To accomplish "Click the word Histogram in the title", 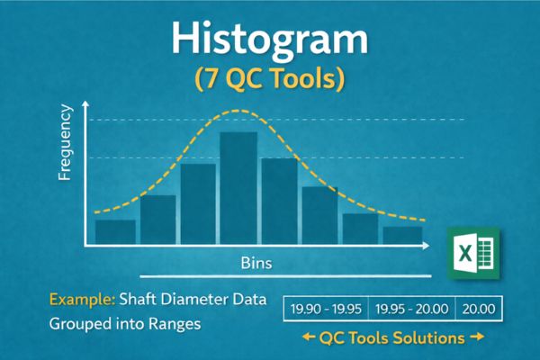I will (269, 40).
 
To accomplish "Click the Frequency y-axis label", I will (65, 144).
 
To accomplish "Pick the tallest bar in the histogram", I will (238, 189).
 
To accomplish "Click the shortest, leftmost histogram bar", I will (115, 232).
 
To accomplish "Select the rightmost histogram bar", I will (402, 235).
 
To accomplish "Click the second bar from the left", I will (157, 220).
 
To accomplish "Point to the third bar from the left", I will (198, 204).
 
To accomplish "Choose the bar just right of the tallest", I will (279, 202).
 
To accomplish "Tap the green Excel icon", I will (473, 251).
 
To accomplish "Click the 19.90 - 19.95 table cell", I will (326, 309).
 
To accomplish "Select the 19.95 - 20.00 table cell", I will (411, 309).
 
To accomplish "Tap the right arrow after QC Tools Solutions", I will (478, 338).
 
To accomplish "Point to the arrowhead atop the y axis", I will (85, 105).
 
